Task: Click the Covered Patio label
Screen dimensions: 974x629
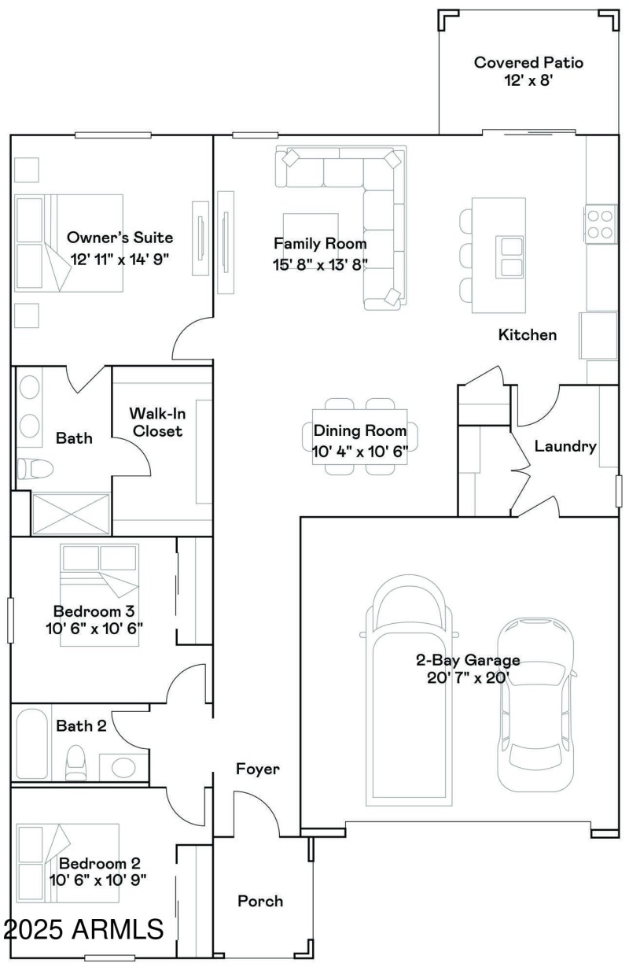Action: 528,62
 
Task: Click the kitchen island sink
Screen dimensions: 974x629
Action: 510,256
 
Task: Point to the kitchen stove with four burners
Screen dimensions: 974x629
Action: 601,223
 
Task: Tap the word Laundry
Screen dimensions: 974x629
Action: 565,446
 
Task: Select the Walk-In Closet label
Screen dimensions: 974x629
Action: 156,422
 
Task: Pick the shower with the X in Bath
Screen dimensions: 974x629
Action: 71,515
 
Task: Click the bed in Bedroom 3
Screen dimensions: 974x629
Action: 99,593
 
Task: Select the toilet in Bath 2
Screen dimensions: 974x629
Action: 76,761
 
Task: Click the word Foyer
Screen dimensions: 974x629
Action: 257,769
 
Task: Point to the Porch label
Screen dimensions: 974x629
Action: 260,901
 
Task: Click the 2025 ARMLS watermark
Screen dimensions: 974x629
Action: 83,930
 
